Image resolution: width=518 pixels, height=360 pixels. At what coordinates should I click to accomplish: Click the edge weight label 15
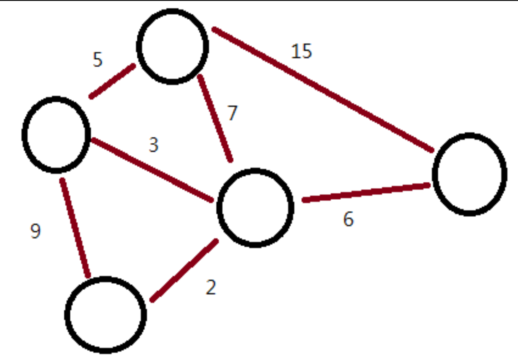(x=301, y=51)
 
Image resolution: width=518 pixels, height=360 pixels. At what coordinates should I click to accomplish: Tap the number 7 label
(x=232, y=113)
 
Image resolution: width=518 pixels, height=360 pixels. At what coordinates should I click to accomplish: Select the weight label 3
(x=153, y=145)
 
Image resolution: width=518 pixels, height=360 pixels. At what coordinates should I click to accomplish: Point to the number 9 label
(x=35, y=231)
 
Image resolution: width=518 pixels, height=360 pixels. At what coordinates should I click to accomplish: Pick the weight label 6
(x=348, y=220)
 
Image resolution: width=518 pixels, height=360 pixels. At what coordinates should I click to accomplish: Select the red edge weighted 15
(x=323, y=90)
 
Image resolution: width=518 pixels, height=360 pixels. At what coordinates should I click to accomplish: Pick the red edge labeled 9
(x=74, y=227)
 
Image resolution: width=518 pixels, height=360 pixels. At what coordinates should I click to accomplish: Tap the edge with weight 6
(x=366, y=193)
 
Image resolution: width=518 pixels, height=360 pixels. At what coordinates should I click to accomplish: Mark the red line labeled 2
(x=184, y=270)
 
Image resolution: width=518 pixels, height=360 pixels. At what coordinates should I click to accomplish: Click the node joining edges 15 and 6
(x=469, y=174)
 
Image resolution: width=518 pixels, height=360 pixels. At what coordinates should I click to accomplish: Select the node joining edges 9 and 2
(x=106, y=315)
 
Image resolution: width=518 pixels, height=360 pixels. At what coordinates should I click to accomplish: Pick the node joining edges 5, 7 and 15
(x=172, y=46)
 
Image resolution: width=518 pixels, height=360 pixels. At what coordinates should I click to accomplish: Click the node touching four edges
(x=255, y=208)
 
